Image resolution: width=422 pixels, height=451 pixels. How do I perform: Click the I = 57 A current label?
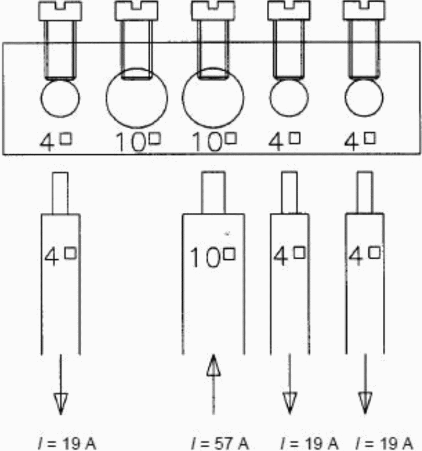pyautogui.click(x=219, y=443)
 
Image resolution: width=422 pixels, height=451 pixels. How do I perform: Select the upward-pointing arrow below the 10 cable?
pyautogui.click(x=213, y=387)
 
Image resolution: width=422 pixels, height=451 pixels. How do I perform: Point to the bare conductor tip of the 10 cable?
pyautogui.click(x=213, y=192)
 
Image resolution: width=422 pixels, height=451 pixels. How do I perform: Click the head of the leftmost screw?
pyautogui.click(x=60, y=9)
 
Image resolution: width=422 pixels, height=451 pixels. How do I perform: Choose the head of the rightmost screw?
pyautogui.click(x=364, y=9)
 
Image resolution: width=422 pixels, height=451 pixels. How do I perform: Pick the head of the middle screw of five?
pyautogui.click(x=213, y=9)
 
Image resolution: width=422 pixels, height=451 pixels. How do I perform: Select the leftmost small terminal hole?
pyautogui.click(x=60, y=98)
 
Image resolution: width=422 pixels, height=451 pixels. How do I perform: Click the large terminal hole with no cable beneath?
pyautogui.click(x=136, y=98)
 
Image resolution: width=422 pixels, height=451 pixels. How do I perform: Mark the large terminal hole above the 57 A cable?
pyautogui.click(x=213, y=98)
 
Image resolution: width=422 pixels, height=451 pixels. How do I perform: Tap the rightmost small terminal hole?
pyautogui.click(x=364, y=98)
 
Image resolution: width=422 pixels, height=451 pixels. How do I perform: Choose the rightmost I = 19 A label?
pyautogui.click(x=385, y=443)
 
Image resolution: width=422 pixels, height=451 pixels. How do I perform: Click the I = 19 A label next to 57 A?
pyautogui.click(x=309, y=443)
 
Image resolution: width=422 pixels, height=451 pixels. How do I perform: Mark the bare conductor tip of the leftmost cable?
pyautogui.click(x=60, y=192)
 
